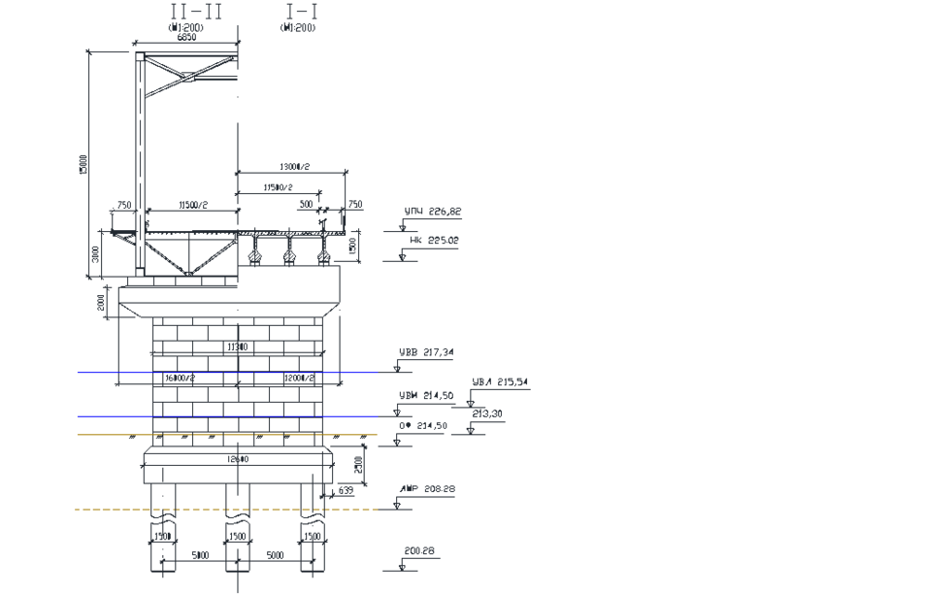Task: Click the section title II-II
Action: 196,11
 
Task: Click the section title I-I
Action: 302,11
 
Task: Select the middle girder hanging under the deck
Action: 289,251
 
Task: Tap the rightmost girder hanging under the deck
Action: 322,251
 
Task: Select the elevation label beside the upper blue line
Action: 427,352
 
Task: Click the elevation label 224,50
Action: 427,395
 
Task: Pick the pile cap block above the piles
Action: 238,466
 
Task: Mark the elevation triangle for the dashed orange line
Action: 401,503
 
